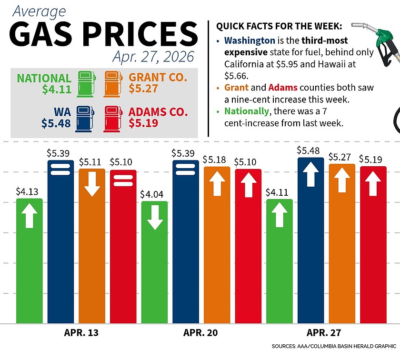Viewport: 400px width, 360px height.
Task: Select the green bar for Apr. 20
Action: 154,262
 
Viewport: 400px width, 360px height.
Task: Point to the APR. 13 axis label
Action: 81,332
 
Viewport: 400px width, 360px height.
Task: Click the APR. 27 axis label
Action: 324,332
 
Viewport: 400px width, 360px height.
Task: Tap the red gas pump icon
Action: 113,119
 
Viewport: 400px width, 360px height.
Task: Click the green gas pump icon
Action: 86,83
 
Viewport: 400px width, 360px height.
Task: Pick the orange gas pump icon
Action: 113,83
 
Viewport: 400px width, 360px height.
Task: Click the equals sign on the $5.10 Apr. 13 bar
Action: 122,180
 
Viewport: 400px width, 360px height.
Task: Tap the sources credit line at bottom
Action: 334,346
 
